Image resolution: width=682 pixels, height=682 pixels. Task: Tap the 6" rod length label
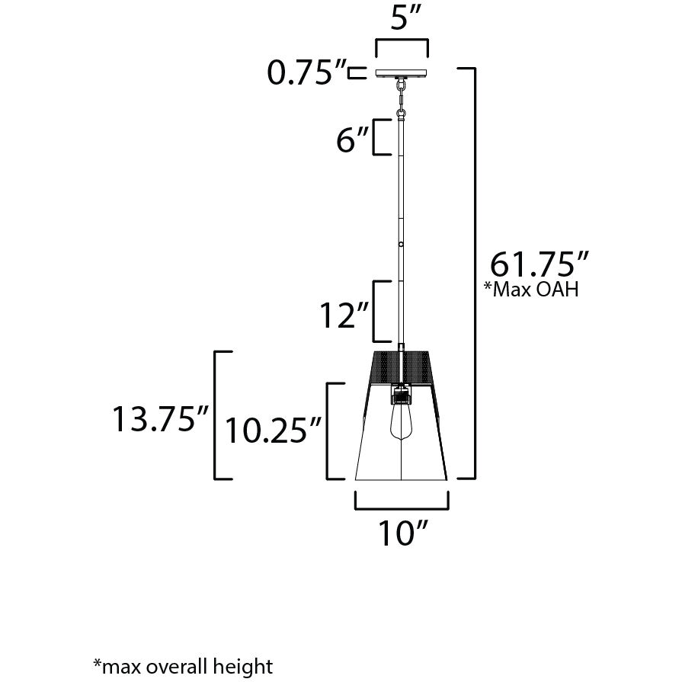351,141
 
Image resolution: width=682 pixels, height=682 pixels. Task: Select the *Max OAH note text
531,290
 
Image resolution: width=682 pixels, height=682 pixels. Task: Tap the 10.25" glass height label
271,431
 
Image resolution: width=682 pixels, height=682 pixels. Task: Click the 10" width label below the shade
402,534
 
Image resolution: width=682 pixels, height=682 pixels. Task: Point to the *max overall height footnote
182,666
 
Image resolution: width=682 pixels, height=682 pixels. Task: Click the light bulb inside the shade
401,423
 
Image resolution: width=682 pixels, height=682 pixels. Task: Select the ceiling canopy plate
402,74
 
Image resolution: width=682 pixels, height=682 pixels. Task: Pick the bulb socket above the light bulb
401,395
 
